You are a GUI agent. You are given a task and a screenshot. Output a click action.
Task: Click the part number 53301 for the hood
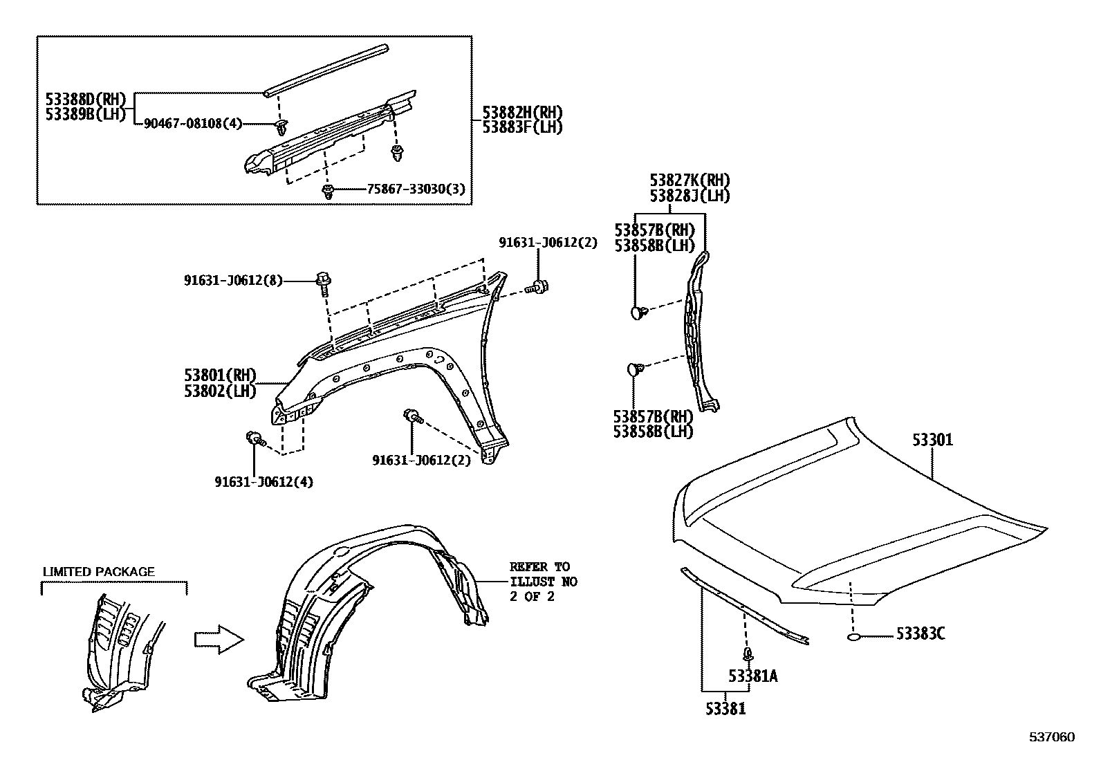[932, 439]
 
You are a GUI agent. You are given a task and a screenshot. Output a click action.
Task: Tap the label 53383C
[920, 633]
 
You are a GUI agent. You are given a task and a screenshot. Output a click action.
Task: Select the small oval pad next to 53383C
[855, 636]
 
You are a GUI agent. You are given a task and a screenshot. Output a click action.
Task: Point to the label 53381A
[752, 676]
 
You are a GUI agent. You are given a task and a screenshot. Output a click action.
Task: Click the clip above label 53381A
[747, 654]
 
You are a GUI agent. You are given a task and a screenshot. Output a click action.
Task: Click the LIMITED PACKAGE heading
[99, 572]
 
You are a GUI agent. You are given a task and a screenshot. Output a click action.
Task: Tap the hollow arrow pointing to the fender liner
[217, 640]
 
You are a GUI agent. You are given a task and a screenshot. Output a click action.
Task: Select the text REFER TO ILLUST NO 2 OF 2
[543, 582]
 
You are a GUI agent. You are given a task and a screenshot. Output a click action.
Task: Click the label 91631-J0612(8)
[233, 280]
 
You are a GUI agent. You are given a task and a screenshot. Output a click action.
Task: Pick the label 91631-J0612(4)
[263, 481]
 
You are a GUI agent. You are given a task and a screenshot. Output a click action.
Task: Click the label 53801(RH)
[220, 376]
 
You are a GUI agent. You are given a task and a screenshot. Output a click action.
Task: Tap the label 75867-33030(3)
[406, 189]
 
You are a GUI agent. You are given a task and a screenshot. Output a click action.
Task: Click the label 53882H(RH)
[521, 112]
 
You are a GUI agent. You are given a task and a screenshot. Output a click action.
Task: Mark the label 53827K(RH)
[690, 180]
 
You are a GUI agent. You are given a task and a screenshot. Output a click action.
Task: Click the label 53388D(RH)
[86, 99]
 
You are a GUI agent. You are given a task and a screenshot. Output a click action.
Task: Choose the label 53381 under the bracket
[725, 708]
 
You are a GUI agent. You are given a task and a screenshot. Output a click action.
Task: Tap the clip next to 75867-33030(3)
[329, 192]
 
